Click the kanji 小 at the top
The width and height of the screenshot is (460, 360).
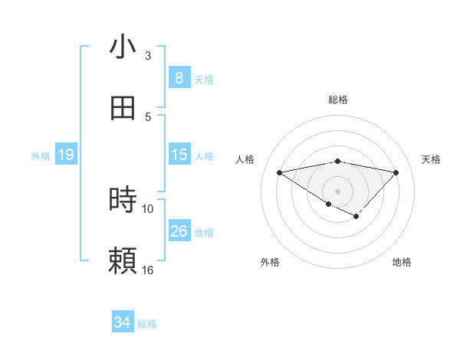tap(123, 47)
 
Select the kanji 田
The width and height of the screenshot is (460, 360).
tap(123, 108)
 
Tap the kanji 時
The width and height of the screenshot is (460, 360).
tap(123, 200)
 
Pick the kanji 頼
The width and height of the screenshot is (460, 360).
tap(123, 260)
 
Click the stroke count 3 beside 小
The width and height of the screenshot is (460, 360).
tap(148, 56)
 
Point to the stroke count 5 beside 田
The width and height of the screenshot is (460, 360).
tap(148, 116)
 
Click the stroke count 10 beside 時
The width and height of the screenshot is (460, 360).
tap(148, 208)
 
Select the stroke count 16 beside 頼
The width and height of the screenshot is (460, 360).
tap(148, 270)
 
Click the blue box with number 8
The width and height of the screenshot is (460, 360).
tap(179, 77)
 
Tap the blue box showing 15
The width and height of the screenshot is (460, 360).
tap(179, 155)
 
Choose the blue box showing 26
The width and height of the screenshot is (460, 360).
tap(179, 231)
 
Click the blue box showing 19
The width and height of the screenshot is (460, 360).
tap(66, 155)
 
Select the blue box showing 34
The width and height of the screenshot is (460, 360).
tap(123, 322)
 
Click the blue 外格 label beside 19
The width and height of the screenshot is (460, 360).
tap(41, 155)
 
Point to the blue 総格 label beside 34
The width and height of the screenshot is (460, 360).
tap(147, 324)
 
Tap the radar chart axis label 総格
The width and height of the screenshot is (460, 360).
tap(338, 100)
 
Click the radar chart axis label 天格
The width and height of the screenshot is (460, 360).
tap(432, 159)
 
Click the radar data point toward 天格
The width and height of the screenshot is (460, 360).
tap(396, 172)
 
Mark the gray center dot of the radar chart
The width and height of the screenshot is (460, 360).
tap(338, 191)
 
